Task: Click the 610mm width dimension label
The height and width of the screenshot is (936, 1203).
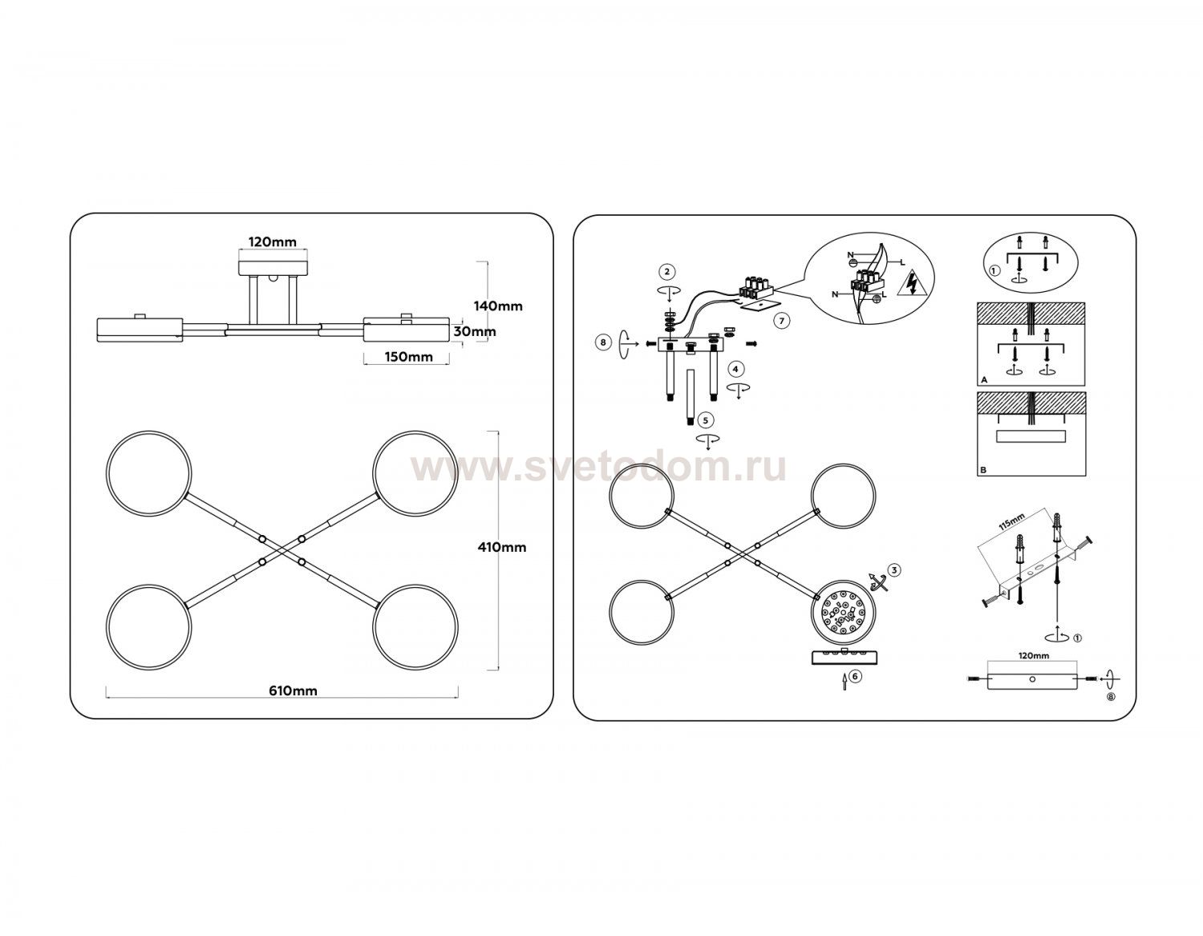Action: pos(293,691)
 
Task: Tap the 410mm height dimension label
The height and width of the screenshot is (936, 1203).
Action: pos(502,548)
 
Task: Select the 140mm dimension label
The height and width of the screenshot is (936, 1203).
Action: pos(498,306)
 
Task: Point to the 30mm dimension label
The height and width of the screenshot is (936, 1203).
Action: pos(475,331)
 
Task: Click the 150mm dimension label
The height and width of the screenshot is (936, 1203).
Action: pos(408,357)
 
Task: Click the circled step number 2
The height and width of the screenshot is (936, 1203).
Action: pos(667,271)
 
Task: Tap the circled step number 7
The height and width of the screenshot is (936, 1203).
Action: pos(781,321)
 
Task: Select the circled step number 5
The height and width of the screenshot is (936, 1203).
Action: pos(705,420)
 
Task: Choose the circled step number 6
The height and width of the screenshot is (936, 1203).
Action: pos(855,676)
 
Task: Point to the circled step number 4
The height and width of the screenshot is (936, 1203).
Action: pos(735,369)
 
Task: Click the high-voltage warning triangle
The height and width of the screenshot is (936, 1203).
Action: pos(911,283)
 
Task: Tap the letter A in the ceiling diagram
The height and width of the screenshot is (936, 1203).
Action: pos(984,380)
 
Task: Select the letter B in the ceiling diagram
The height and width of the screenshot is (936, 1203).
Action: pos(983,471)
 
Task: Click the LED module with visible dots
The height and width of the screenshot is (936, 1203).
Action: pos(844,614)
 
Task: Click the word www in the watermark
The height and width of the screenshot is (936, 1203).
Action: pos(460,469)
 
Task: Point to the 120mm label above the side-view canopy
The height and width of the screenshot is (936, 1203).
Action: pos(272,242)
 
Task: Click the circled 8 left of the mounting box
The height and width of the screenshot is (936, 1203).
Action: pos(603,342)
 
